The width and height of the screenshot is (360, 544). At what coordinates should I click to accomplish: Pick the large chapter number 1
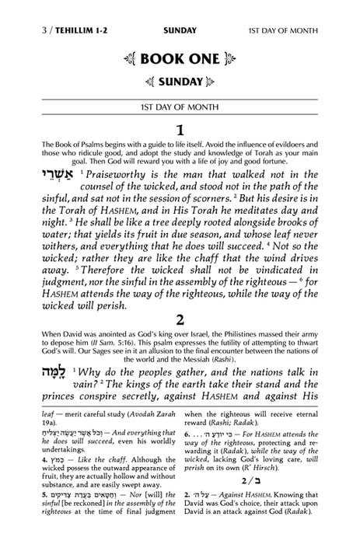click(180, 129)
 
